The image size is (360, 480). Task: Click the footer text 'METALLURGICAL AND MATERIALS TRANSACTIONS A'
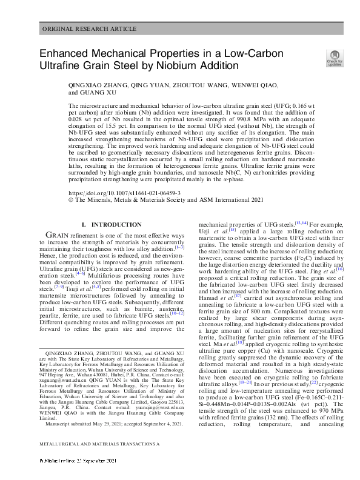(100, 462)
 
